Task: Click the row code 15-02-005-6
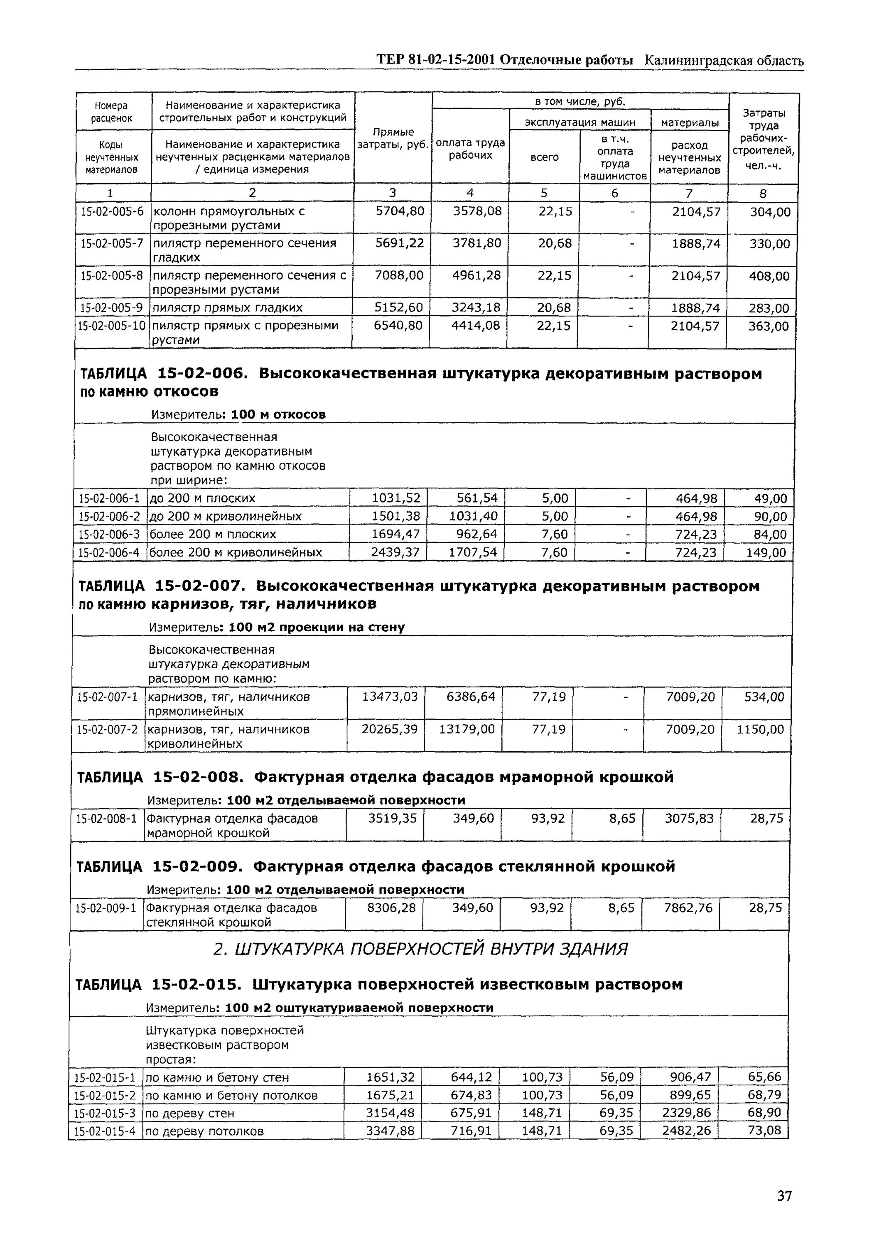coord(113,211)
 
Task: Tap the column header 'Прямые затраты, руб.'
coord(393,138)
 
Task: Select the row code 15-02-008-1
coord(106,819)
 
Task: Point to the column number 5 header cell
coord(544,193)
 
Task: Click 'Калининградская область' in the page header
coord(724,61)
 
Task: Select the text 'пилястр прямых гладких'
coord(227,307)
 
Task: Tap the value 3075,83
coord(689,819)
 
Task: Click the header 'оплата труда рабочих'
coord(470,149)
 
